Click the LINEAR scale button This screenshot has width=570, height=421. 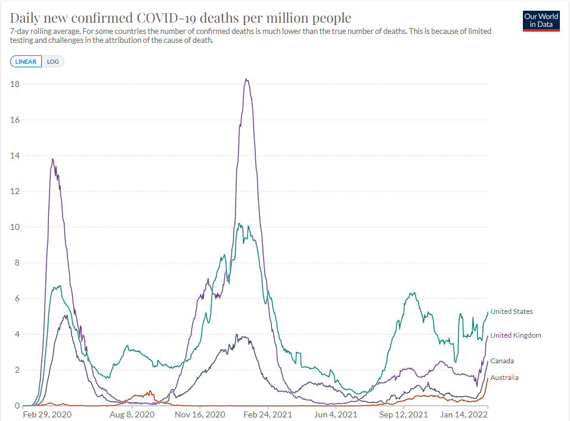coord(26,61)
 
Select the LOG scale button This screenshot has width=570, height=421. coord(53,61)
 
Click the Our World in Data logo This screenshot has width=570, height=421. coord(541,20)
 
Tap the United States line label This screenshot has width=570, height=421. coord(512,311)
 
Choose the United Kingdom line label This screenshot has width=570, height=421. coord(516,335)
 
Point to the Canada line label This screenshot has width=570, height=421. coord(502,361)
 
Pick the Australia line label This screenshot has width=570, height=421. coord(504,378)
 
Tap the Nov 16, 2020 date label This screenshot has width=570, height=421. coord(200,414)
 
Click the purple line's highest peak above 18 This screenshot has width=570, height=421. coord(246,79)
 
